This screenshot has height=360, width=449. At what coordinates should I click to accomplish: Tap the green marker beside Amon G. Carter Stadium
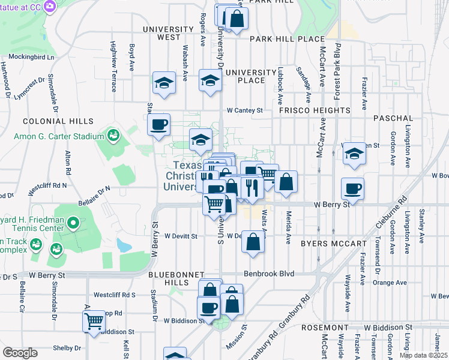point(112,136)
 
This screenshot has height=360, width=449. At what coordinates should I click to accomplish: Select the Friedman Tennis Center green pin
point(73,224)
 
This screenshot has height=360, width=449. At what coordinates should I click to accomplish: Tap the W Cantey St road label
point(245,110)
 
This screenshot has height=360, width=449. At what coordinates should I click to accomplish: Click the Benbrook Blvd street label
point(269,274)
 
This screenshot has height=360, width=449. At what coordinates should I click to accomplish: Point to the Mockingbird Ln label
point(27,58)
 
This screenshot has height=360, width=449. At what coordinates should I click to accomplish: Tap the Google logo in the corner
point(20,353)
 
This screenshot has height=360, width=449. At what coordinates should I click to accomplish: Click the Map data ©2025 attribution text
point(423,355)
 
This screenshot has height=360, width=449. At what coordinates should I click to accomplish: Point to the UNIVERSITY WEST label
point(161,33)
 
